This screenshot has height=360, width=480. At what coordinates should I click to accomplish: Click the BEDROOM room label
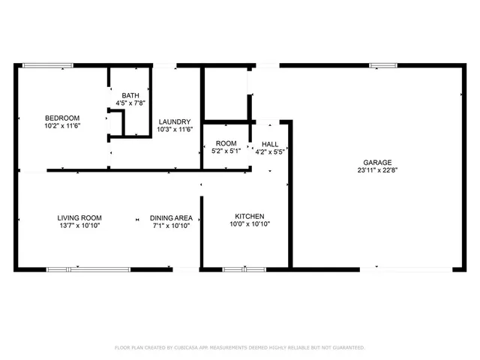click(62, 118)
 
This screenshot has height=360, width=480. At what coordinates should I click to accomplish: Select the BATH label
click(131, 95)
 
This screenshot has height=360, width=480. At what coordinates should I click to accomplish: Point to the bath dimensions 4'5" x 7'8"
click(131, 103)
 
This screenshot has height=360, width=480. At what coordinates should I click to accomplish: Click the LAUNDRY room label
click(174, 121)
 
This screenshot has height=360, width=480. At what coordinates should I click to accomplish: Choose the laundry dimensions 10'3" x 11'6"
click(174, 130)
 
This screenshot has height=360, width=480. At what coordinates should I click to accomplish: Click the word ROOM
click(226, 143)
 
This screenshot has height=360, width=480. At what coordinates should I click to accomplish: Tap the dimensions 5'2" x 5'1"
click(226, 151)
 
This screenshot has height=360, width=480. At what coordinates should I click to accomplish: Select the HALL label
click(269, 143)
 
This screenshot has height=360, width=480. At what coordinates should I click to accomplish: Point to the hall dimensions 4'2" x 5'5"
click(269, 151)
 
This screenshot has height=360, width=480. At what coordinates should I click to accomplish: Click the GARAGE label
click(377, 162)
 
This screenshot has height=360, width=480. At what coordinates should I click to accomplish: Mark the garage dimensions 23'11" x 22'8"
click(377, 170)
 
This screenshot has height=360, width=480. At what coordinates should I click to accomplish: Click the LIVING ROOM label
click(79, 217)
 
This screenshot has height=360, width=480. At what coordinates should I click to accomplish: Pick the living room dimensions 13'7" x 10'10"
click(79, 226)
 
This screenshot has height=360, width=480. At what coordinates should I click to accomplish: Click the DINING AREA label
click(171, 217)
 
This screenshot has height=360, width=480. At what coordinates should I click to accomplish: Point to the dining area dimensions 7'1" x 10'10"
click(172, 226)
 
